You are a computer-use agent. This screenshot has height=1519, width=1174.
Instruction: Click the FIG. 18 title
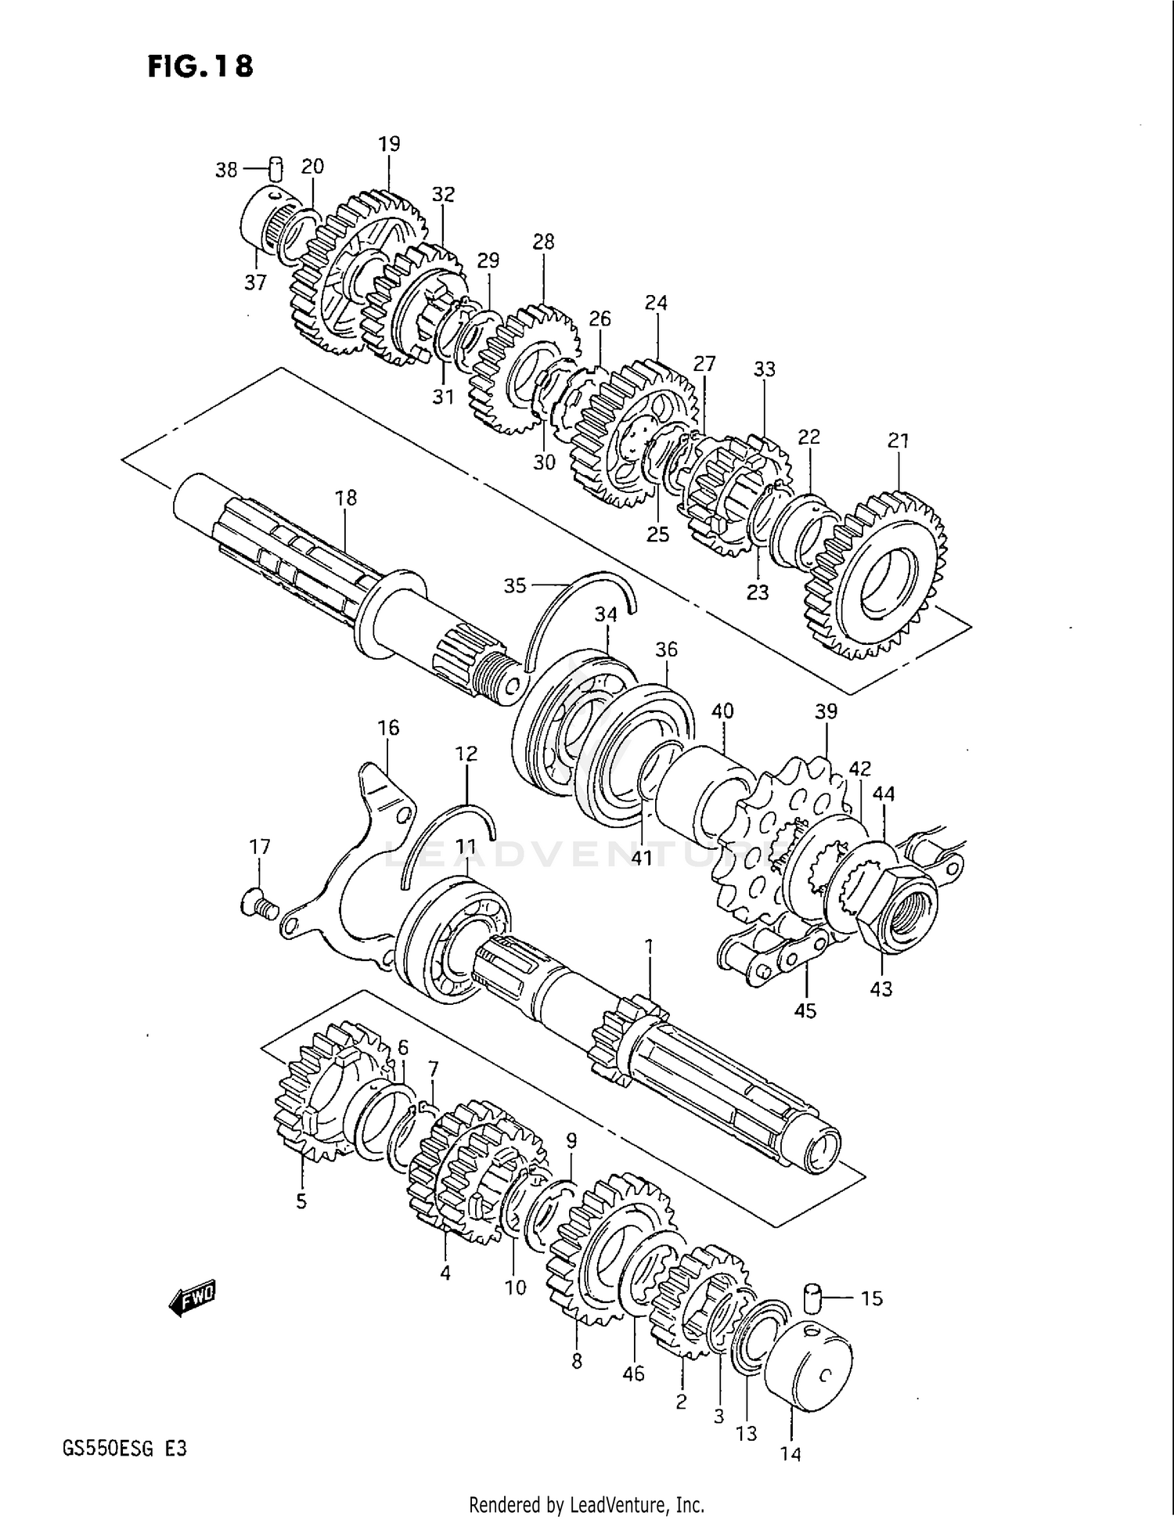click(200, 67)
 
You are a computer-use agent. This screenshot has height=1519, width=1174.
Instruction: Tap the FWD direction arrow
click(193, 1300)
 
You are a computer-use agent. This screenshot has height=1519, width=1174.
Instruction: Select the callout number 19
click(389, 144)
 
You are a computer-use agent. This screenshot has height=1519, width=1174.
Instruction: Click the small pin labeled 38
click(275, 168)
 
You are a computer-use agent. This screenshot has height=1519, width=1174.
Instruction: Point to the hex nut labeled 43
click(900, 908)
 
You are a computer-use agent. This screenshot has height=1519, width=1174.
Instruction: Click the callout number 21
click(899, 441)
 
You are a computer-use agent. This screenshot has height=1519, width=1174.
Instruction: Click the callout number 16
click(388, 728)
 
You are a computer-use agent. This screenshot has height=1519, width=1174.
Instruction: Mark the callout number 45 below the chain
click(805, 1010)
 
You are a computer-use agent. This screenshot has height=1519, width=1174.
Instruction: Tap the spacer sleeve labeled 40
click(700, 790)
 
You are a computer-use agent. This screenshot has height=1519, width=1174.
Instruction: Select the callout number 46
click(633, 1373)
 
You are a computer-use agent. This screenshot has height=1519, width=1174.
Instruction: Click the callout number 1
click(648, 947)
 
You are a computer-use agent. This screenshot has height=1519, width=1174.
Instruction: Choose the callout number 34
click(606, 615)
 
